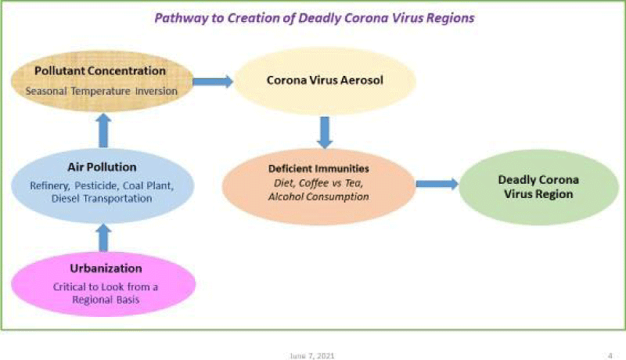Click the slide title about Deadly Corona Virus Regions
[x=315, y=18]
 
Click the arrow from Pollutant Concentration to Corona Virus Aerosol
[x=213, y=82]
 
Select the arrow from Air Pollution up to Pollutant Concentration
[x=103, y=131]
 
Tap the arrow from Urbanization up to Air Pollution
[x=103, y=237]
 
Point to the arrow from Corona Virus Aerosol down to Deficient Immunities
[x=325, y=132]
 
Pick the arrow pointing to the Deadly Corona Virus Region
[x=437, y=184]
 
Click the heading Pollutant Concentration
[x=100, y=71]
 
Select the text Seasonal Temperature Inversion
[x=102, y=92]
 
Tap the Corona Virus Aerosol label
[x=325, y=81]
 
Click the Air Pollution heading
[x=102, y=167]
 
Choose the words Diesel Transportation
[x=102, y=198]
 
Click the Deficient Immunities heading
[x=318, y=169]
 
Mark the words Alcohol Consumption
[x=318, y=196]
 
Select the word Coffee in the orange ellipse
[x=314, y=183]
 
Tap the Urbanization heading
[x=106, y=268]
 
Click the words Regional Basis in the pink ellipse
[x=106, y=300]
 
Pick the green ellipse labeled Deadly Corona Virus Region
[x=538, y=187]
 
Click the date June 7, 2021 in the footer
[x=312, y=355]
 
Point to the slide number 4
[x=610, y=355]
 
